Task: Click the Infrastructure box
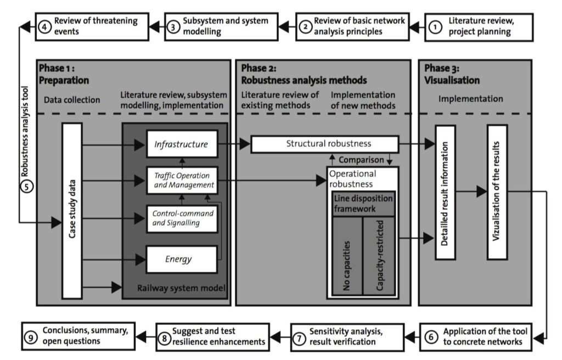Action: (181, 145)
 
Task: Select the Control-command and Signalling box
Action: (181, 218)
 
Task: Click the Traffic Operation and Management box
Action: (181, 181)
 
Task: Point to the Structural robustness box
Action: (324, 144)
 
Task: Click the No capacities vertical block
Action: (346, 256)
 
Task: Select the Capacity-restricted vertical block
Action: (379, 256)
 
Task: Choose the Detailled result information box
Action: (446, 192)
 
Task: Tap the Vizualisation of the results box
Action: (497, 192)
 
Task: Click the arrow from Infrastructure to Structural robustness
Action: (234, 145)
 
